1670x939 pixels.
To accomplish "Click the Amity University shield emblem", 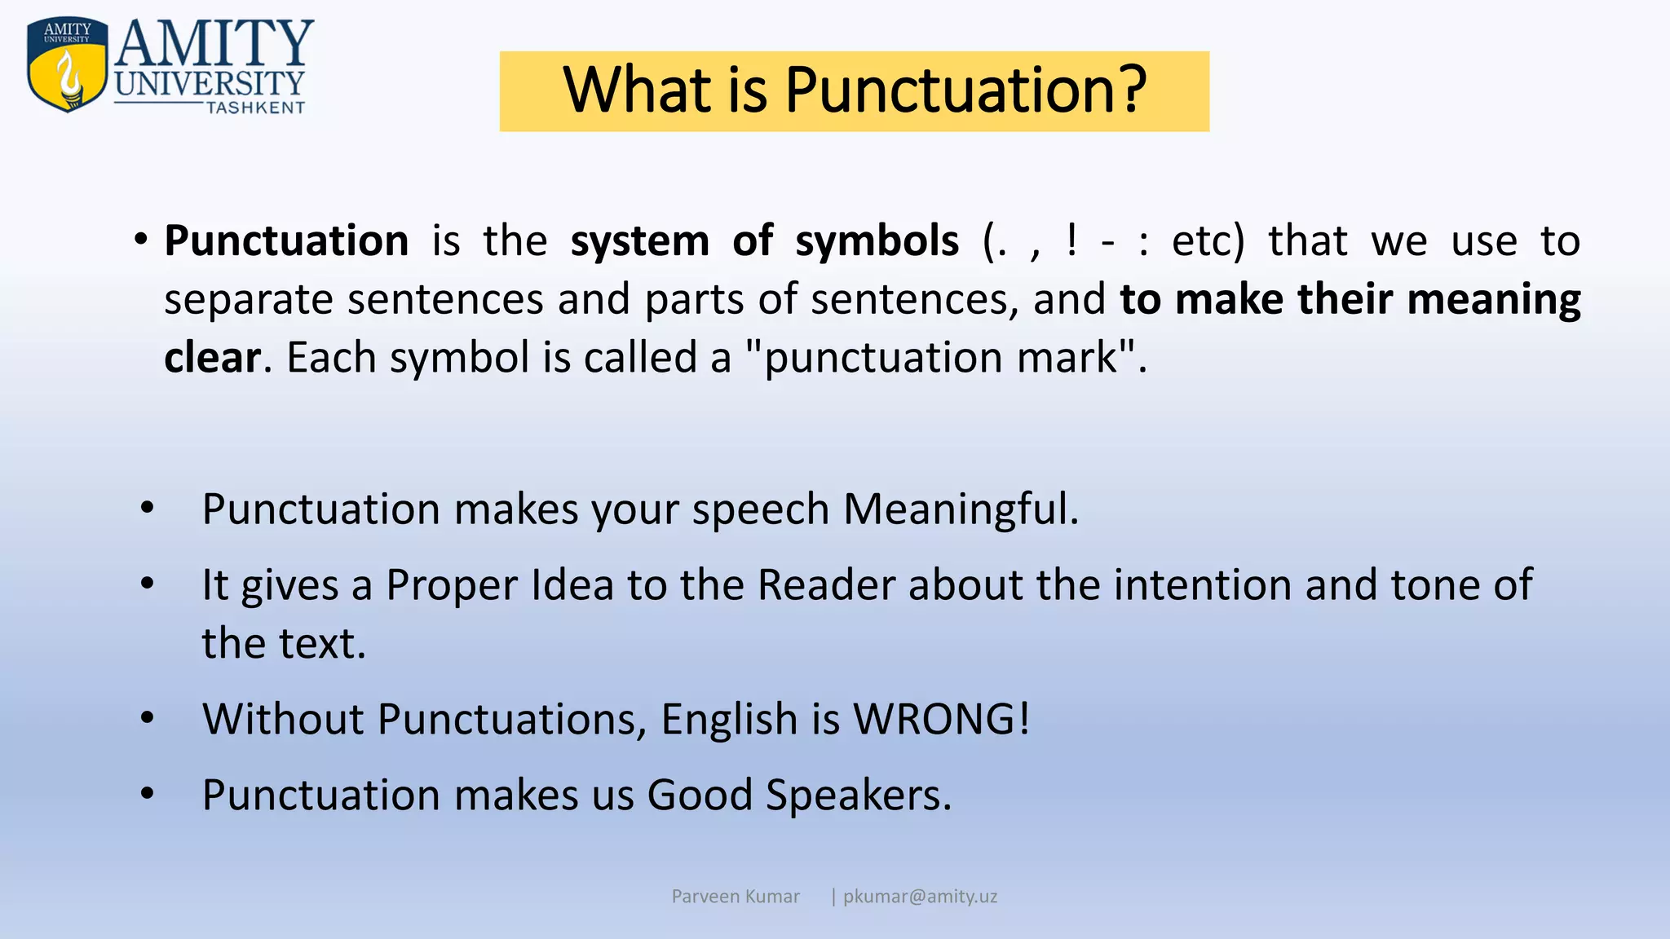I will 67,64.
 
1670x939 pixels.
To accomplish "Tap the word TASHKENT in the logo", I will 256,108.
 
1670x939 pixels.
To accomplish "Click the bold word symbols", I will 877,241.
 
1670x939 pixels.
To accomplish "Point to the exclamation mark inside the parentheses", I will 1071,241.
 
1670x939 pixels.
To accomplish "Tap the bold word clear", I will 212,358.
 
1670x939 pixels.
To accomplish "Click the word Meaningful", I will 960,509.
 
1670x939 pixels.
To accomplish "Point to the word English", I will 728,720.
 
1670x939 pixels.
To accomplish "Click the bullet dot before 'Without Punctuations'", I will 147,718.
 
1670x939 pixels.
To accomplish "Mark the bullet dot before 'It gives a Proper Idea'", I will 147,584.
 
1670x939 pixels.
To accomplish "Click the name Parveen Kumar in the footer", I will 736,897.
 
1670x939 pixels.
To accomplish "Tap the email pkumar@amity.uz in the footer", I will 920,897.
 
